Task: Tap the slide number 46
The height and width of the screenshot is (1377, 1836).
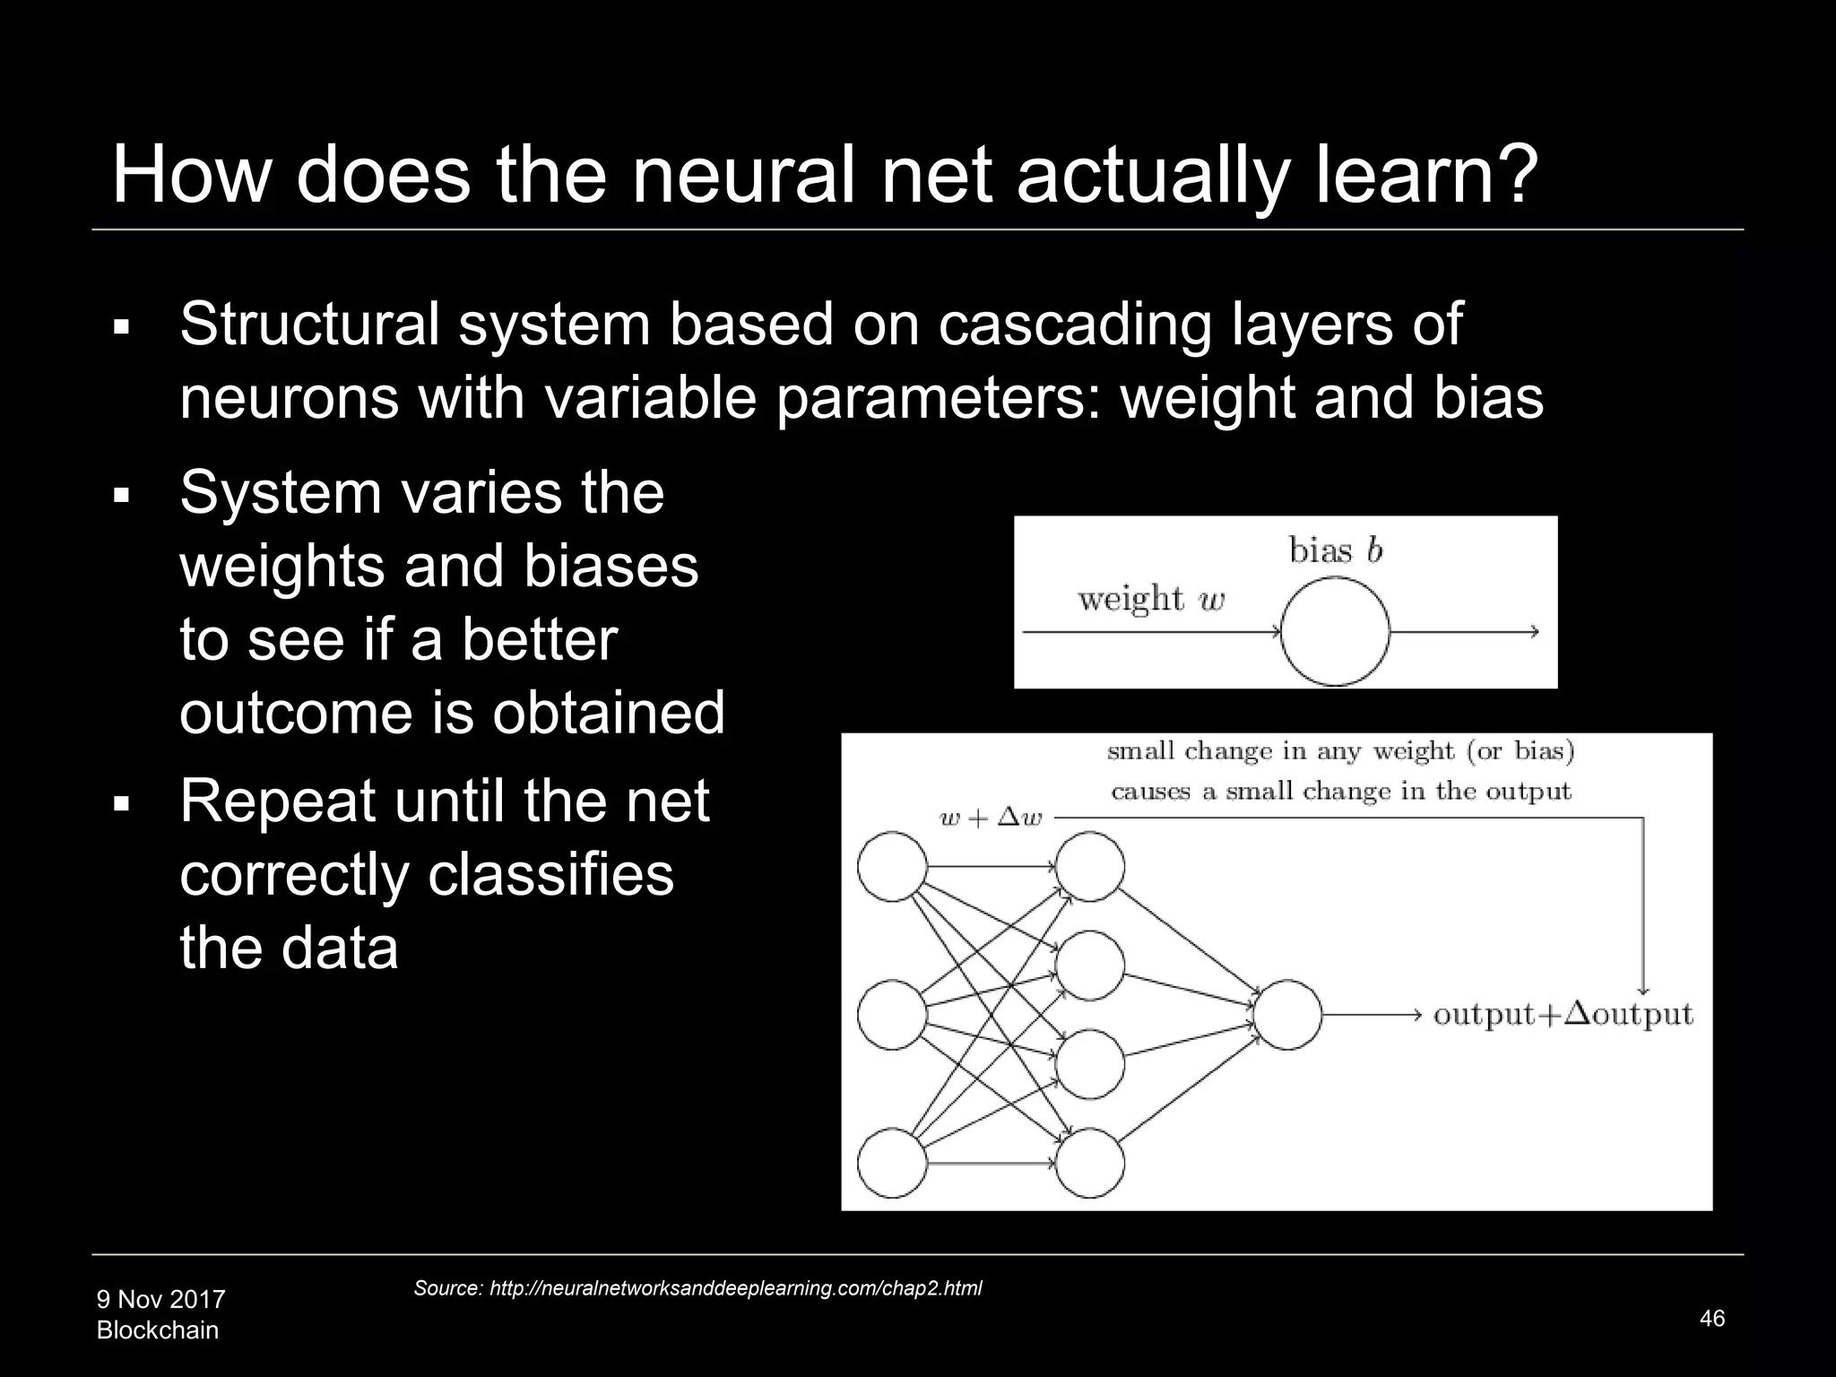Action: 1711,1318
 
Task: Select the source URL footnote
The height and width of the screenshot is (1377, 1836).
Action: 697,1288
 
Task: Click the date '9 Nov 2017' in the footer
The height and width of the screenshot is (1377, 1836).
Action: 160,1299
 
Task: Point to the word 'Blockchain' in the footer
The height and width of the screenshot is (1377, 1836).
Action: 157,1330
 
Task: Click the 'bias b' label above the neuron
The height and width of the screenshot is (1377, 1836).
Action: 1336,550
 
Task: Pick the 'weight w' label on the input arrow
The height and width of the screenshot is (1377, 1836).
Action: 1151,598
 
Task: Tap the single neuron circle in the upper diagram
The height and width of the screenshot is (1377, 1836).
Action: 1335,631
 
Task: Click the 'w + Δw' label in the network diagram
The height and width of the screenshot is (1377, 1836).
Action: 991,818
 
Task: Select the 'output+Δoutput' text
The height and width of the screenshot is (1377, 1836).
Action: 1563,1015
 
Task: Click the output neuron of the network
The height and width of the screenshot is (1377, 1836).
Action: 1286,1015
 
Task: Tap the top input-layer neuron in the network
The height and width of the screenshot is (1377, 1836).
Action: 892,867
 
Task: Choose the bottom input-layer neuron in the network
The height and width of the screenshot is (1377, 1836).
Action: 892,1164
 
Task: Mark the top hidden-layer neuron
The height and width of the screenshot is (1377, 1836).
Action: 1089,867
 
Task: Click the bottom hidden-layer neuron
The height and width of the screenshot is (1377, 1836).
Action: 1089,1164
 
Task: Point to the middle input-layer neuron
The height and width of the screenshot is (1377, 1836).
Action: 892,1015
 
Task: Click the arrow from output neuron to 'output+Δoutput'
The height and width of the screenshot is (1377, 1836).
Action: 1372,1015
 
